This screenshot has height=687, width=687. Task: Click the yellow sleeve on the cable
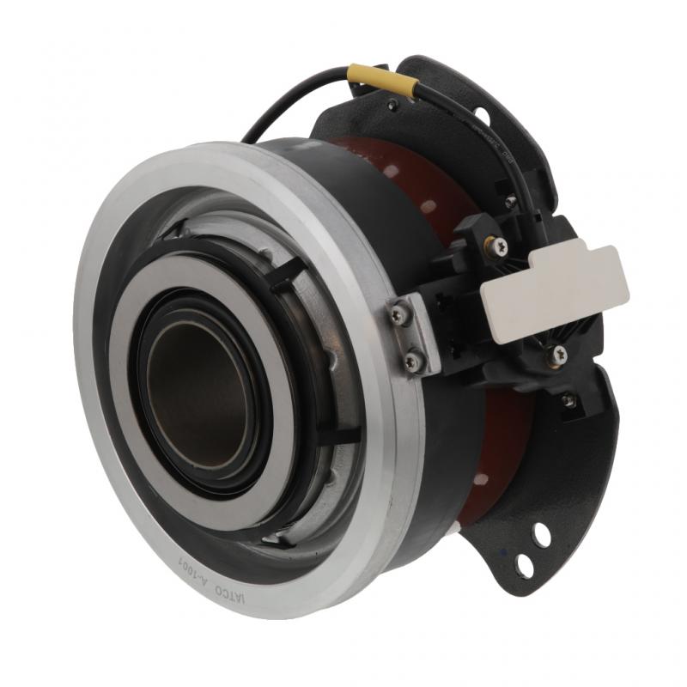click(383, 78)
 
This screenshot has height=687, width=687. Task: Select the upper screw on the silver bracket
click(397, 316)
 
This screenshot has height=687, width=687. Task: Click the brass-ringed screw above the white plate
click(497, 246)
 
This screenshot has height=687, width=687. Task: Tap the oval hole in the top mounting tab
click(482, 115)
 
